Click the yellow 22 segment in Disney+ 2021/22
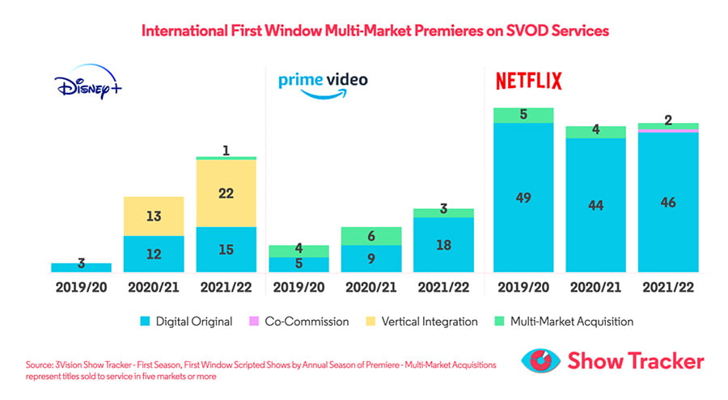(x=226, y=193)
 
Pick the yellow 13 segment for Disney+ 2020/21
(x=154, y=216)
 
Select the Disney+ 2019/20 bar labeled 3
(x=81, y=267)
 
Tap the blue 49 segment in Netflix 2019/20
(x=523, y=197)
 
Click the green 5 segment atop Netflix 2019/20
(x=523, y=115)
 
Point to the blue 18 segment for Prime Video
(x=443, y=245)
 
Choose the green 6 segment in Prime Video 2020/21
(x=371, y=236)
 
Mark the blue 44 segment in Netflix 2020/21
(x=595, y=205)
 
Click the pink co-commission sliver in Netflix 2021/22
(x=668, y=130)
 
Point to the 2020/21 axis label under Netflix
(x=595, y=288)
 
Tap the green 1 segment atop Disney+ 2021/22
(x=226, y=158)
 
